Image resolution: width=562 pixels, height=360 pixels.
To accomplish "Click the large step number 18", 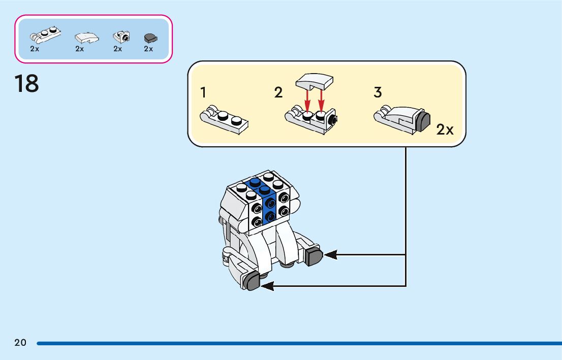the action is (26, 84).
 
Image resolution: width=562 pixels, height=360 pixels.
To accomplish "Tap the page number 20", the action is (20, 343).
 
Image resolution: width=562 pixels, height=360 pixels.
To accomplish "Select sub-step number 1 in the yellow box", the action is (203, 92).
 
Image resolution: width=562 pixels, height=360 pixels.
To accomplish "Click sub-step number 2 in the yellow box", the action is (278, 92).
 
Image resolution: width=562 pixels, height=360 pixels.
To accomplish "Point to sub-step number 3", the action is (378, 92).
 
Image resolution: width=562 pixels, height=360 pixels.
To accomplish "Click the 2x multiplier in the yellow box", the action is (445, 130).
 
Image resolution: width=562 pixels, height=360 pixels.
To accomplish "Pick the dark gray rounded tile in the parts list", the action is (150, 37).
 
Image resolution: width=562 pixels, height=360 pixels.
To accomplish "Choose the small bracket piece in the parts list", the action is (121, 37).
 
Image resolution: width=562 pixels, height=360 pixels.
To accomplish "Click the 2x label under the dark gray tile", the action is (148, 49).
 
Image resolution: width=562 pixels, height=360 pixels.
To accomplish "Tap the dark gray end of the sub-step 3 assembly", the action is (423, 122).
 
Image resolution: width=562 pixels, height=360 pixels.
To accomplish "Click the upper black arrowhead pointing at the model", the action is (330, 254).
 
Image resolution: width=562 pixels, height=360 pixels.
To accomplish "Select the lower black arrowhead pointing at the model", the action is (267, 286).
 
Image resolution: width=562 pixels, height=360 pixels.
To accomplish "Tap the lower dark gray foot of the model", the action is (252, 280).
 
